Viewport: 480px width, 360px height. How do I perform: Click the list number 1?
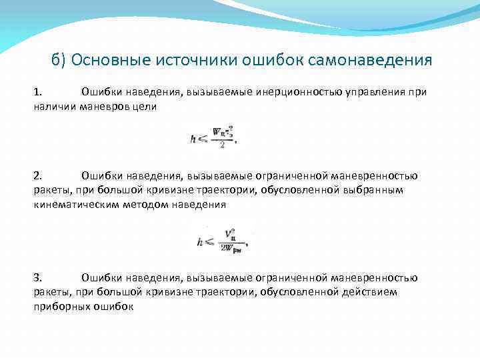[37, 91]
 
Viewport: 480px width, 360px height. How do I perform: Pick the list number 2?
[37, 176]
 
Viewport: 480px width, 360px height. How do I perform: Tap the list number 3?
[37, 278]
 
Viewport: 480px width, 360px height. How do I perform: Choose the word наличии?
[55, 106]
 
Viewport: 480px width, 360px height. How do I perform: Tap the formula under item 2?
[221, 239]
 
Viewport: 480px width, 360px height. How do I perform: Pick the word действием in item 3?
[372, 292]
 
